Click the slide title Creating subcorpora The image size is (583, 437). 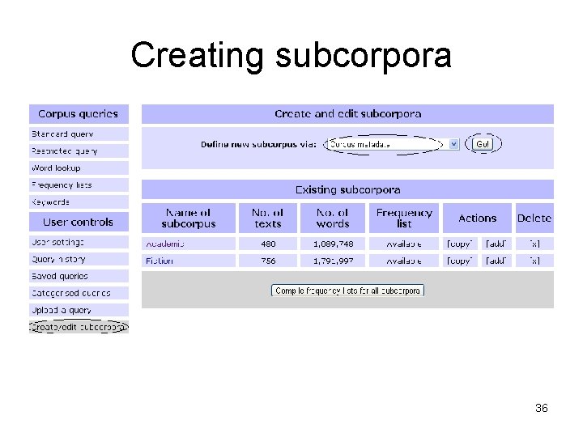coord(291,56)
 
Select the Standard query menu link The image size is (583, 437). coord(62,134)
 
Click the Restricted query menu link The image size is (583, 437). coord(64,151)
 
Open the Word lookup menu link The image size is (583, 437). coord(56,168)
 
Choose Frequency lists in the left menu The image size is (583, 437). coord(62,185)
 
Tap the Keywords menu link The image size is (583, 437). coord(50,202)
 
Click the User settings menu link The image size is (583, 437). coord(57,243)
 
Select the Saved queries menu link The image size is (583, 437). coord(60,277)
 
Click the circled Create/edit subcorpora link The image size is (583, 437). coord(79,327)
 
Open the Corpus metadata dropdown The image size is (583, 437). coord(393,144)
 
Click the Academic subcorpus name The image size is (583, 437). coord(164,244)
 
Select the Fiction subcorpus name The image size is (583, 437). coord(160,261)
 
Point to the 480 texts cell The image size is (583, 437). coord(268,244)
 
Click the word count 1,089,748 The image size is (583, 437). coord(333,244)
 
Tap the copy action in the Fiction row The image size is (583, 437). coord(459,261)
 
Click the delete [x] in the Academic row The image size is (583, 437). coord(534,244)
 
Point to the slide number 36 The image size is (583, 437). coord(542,409)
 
